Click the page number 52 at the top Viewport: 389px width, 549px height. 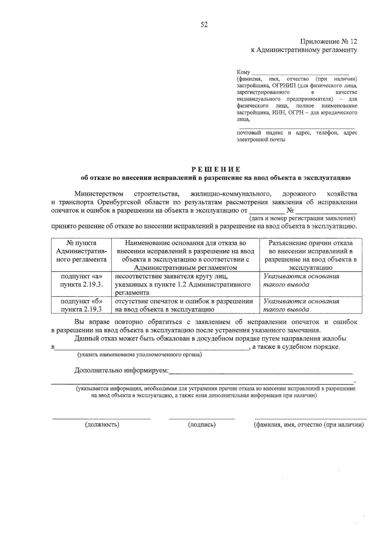tap(204, 25)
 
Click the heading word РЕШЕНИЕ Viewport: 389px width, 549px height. tap(215, 169)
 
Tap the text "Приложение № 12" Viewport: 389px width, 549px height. tap(328, 42)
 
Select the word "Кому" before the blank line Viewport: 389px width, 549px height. tap(243, 72)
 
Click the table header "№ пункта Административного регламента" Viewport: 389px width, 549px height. tap(81, 251)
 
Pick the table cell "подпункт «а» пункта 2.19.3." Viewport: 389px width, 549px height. tap(81, 280)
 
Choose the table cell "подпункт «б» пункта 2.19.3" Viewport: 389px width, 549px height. tap(81, 305)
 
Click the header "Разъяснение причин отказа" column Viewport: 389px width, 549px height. tap(311, 255)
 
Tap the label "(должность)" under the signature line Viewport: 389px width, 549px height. tap(102, 425)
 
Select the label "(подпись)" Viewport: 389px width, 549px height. tap(202, 425)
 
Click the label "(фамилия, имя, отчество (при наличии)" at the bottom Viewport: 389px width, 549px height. tap(308, 425)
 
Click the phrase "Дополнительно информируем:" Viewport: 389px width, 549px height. tap(122, 370)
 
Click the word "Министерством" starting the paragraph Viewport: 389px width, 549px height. tap(99, 194)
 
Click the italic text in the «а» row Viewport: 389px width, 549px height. tap(301, 280)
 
